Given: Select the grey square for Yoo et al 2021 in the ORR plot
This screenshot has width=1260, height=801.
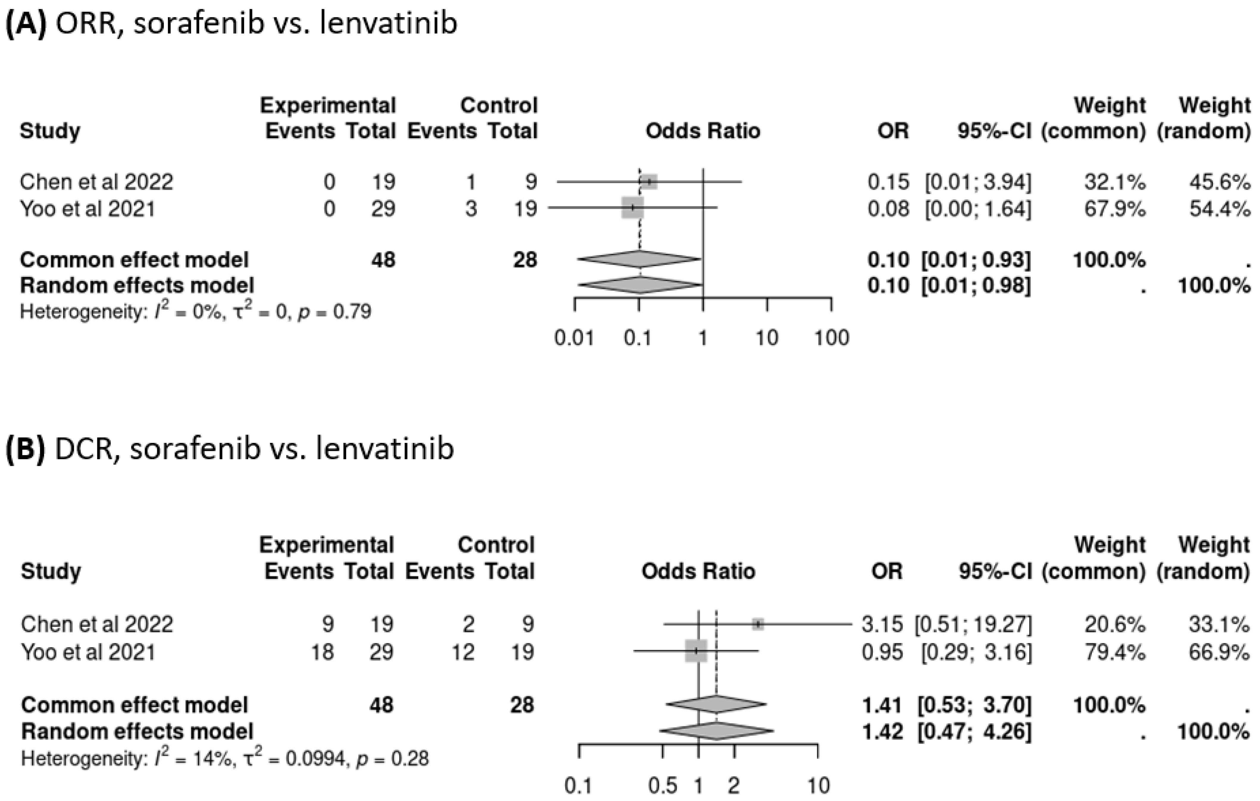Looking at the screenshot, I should point(633,208).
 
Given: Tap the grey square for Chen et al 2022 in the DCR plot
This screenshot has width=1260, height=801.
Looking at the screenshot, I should point(758,624).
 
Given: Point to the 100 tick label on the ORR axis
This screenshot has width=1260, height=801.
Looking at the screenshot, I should point(831,338).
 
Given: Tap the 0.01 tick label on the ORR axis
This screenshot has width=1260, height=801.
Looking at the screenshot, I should point(574,338).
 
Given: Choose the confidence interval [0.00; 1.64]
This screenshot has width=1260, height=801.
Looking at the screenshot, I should point(978,209).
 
